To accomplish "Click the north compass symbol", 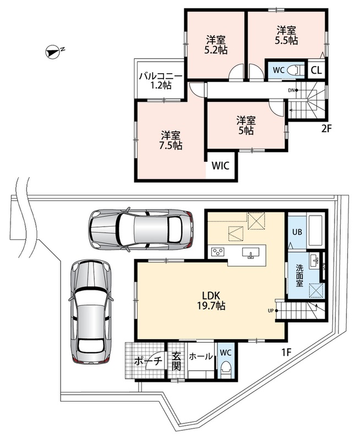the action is (53, 52).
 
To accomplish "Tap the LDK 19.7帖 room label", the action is (211, 300).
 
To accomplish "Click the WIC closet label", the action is (220, 166).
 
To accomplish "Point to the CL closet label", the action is (316, 70).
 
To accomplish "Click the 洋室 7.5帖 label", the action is (171, 141).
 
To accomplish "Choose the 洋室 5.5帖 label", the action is (286, 35).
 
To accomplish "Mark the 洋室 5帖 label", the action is (246, 125).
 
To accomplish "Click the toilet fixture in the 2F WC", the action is (295, 70).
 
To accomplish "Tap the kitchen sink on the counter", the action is (250, 253).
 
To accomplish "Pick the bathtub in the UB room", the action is (316, 230).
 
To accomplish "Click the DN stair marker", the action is (293, 90).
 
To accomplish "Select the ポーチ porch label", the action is (149, 361).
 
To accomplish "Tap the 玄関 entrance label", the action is (176, 361).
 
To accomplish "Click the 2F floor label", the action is (327, 129).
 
